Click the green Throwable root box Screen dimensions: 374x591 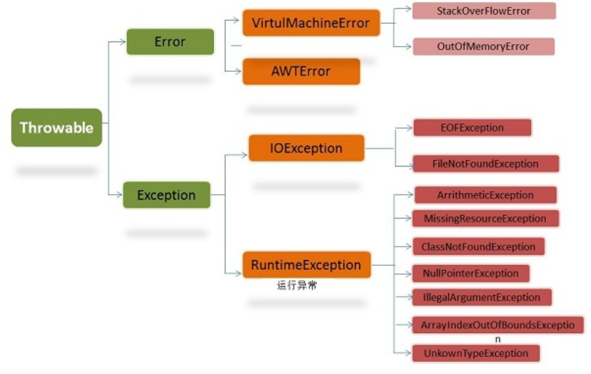pyautogui.click(x=57, y=127)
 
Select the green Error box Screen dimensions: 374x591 pyautogui.click(x=170, y=42)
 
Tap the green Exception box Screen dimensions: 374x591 pyautogui.click(x=166, y=195)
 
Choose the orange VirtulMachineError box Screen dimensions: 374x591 pyautogui.click(x=311, y=23)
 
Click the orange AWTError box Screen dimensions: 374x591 pyautogui.click(x=301, y=71)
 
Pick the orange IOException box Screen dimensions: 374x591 pyautogui.click(x=306, y=148)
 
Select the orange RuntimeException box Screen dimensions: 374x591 pyautogui.click(x=306, y=265)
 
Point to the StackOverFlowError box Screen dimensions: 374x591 pyautogui.click(x=484, y=11)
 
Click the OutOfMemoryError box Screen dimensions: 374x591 pyautogui.click(x=483, y=47)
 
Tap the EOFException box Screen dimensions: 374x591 pyautogui.click(x=472, y=127)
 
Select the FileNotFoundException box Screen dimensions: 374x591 pyautogui.click(x=485, y=164)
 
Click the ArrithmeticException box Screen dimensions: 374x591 pyautogui.click(x=485, y=195)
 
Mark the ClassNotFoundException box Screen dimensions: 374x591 pyautogui.click(x=478, y=247)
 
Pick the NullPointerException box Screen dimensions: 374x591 pyautogui.click(x=471, y=273)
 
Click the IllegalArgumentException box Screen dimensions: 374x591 pyautogui.click(x=482, y=297)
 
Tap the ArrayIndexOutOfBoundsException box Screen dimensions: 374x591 pyautogui.click(x=498, y=325)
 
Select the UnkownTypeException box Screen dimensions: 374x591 pyautogui.click(x=475, y=353)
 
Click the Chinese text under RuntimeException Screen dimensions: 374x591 pyautogui.click(x=297, y=286)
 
